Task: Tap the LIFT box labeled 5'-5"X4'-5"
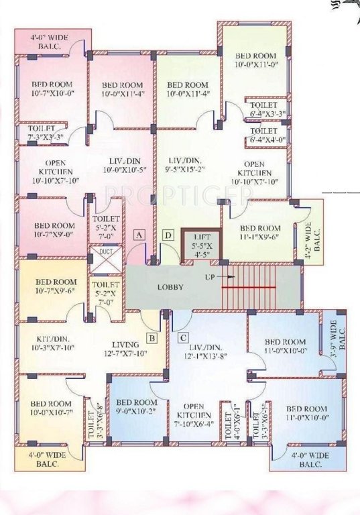point(202,245)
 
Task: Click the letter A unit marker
point(139,235)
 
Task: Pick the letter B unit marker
point(152,338)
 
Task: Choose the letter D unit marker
point(168,235)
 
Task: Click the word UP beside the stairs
point(210,276)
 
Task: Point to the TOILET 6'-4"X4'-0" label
point(263,135)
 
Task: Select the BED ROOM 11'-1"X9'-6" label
point(261,232)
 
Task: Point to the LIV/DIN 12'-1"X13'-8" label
point(208,349)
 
